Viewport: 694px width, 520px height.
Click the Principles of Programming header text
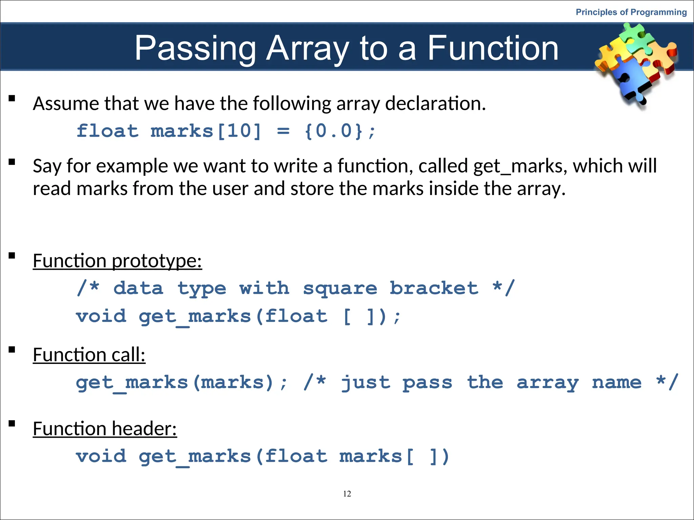click(631, 12)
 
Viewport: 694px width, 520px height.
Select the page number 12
click(347, 494)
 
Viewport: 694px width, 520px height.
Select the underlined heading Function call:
click(89, 355)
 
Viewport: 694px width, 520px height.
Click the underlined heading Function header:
click(105, 429)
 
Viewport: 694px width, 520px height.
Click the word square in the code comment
click(340, 288)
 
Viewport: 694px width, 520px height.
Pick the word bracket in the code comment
click(434, 288)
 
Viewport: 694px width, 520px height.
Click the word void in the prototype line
click(101, 316)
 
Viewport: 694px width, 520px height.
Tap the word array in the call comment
click(547, 383)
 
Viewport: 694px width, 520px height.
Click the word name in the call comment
click(616, 383)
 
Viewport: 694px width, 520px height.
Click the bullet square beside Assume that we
click(12, 99)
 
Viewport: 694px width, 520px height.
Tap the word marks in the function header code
click(370, 456)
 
